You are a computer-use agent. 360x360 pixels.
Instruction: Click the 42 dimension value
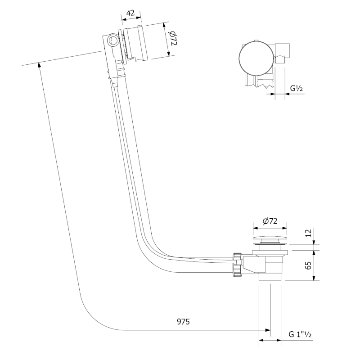click(x=131, y=13)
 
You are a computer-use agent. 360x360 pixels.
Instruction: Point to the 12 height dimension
click(x=308, y=233)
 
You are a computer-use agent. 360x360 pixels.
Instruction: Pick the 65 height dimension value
click(x=308, y=265)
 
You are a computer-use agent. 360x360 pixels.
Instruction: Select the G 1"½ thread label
click(x=301, y=335)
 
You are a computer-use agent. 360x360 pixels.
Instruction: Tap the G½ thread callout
click(x=296, y=88)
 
